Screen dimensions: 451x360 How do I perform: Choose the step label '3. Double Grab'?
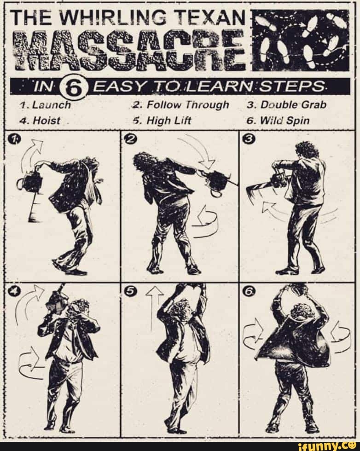coord(286,105)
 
